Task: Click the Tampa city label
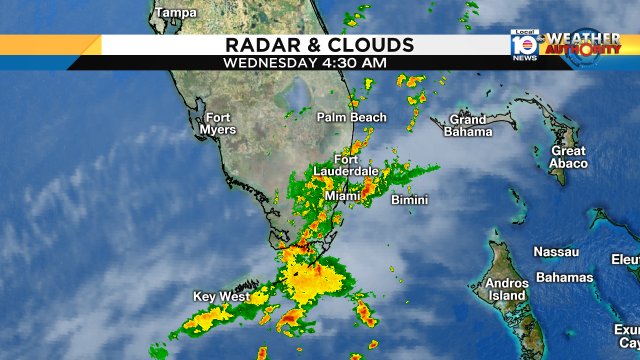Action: [x=176, y=12]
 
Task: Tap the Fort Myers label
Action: [x=220, y=123]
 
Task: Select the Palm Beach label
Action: [x=351, y=117]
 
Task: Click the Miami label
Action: [x=342, y=196]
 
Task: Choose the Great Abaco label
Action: [x=568, y=157]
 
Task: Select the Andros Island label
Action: [x=506, y=289]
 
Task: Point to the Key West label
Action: [x=220, y=297]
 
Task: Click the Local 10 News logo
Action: [x=523, y=46]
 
